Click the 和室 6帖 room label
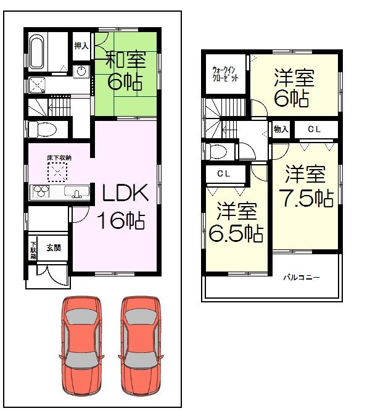pyautogui.click(x=125, y=72)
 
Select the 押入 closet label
pyautogui.click(x=81, y=45)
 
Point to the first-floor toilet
pyautogui.click(x=42, y=129)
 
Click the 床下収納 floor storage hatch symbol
pyautogui.click(x=57, y=172)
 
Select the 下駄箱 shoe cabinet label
pyautogui.click(x=33, y=250)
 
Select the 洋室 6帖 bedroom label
pyautogui.click(x=294, y=88)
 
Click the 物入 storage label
pyautogui.click(x=281, y=130)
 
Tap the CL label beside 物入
pyautogui.click(x=314, y=130)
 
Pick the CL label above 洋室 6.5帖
pyautogui.click(x=224, y=175)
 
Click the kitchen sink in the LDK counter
pyautogui.click(x=77, y=193)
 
